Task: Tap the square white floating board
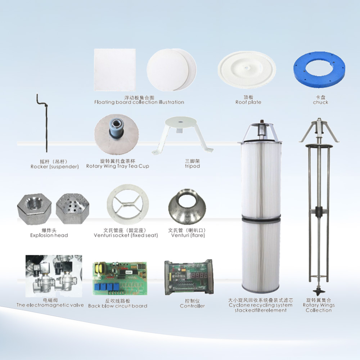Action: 115,69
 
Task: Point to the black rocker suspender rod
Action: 46,124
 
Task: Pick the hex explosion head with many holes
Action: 72,208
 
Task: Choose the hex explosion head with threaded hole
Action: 35,209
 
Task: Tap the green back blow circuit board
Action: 120,278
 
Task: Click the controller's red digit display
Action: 199,275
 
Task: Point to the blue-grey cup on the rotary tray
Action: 116,129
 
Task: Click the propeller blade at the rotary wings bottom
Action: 319,292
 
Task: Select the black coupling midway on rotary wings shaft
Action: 319,211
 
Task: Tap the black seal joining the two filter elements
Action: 261,217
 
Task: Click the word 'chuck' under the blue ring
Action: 320,102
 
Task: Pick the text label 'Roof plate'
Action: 248,102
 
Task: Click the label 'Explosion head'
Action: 49,235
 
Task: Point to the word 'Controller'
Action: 192,306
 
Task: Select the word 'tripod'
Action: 192,166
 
